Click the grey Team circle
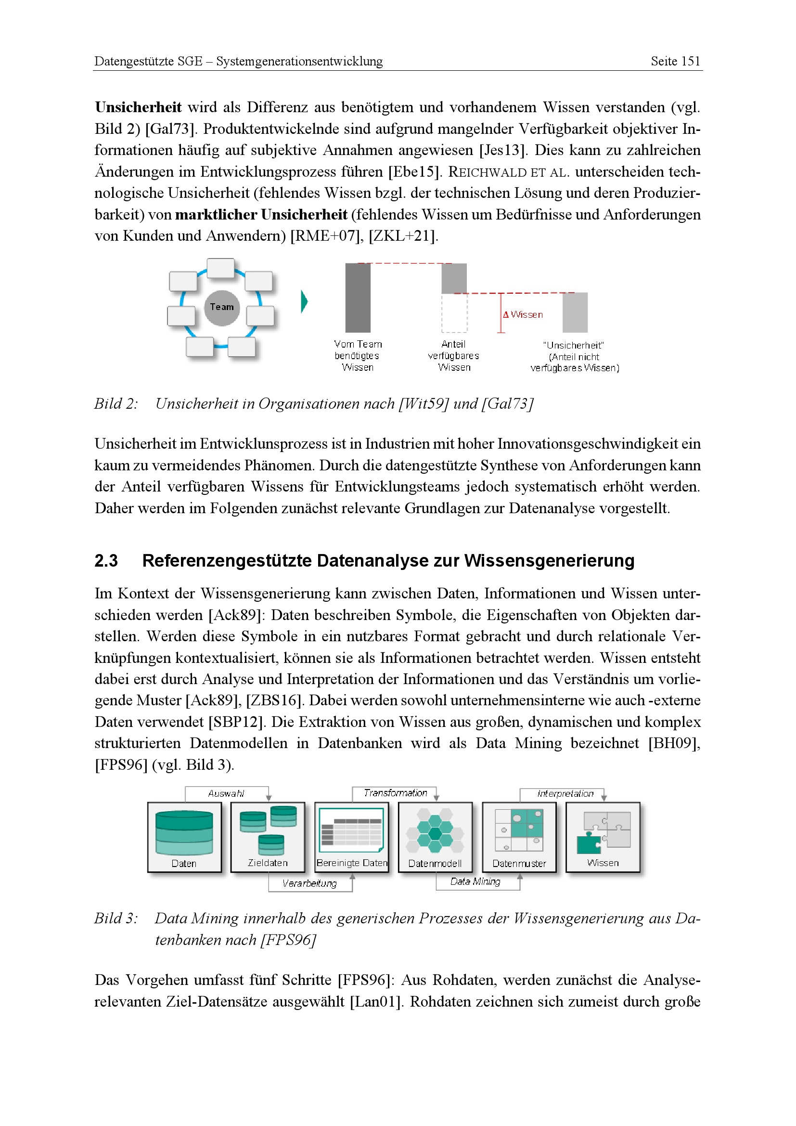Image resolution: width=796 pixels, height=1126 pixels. click(x=221, y=308)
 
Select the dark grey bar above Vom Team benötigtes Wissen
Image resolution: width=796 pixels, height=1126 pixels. click(x=358, y=298)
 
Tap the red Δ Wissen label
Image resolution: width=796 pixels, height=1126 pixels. click(x=523, y=315)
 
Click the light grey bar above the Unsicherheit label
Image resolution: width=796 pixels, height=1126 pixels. click(x=575, y=312)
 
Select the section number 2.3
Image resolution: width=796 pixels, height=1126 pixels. click(x=106, y=560)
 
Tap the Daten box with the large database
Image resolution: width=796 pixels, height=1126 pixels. click(x=184, y=837)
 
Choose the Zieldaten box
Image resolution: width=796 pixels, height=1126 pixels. click(x=268, y=837)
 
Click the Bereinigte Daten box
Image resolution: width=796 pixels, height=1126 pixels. click(x=351, y=837)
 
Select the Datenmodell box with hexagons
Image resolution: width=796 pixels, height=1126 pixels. click(x=435, y=837)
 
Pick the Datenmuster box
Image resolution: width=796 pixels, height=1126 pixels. click(x=519, y=837)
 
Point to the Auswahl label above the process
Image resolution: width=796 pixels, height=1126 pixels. click(x=226, y=793)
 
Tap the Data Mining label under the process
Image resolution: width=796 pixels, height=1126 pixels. click(x=475, y=881)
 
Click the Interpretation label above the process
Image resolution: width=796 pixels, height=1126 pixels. click(x=565, y=793)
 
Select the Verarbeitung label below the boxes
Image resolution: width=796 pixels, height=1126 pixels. click(x=309, y=883)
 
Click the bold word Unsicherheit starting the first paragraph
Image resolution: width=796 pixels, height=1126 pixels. click(x=138, y=107)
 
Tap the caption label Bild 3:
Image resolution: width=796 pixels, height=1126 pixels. click(x=116, y=918)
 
